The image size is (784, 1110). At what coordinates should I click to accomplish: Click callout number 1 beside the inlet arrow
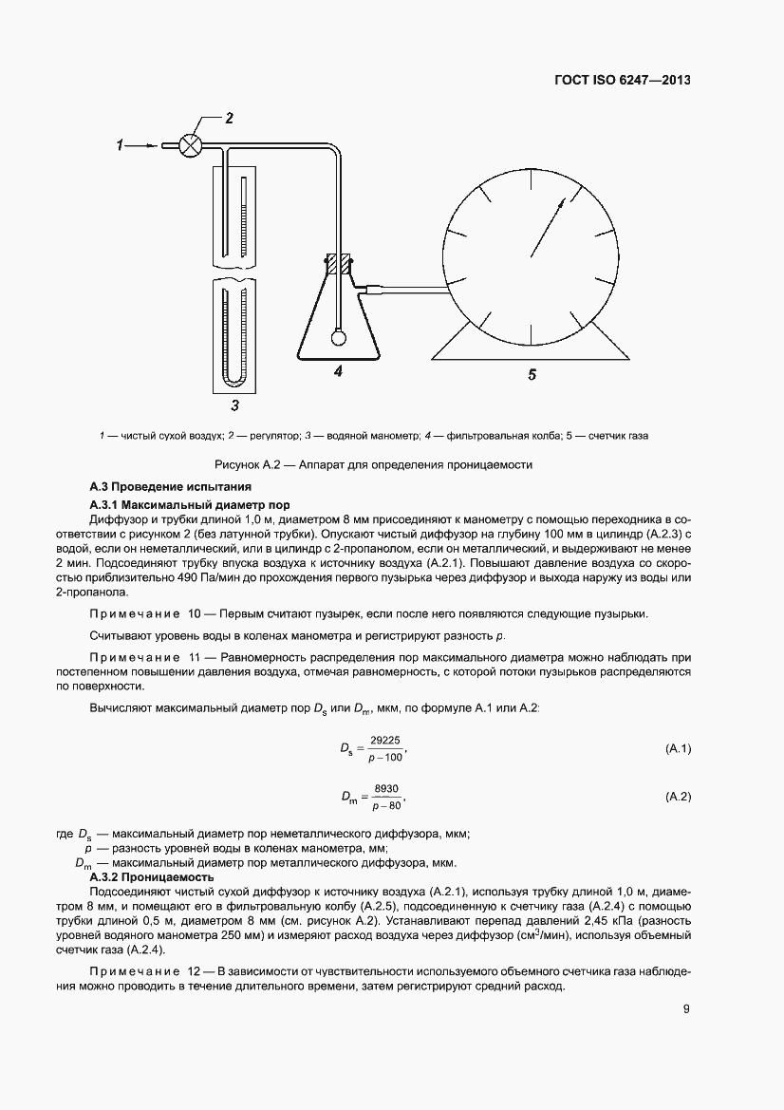click(121, 145)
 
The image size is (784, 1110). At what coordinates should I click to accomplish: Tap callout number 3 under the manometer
click(234, 405)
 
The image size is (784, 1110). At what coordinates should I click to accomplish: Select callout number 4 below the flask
click(338, 372)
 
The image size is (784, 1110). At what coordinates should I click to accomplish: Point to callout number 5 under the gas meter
click(532, 375)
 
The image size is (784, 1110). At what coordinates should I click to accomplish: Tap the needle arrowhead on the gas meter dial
click(561, 202)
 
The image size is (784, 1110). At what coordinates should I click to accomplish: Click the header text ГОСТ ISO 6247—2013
click(622, 81)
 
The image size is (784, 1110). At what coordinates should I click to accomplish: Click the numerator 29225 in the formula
click(385, 742)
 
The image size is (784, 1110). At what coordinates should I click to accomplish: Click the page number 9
click(685, 1009)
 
